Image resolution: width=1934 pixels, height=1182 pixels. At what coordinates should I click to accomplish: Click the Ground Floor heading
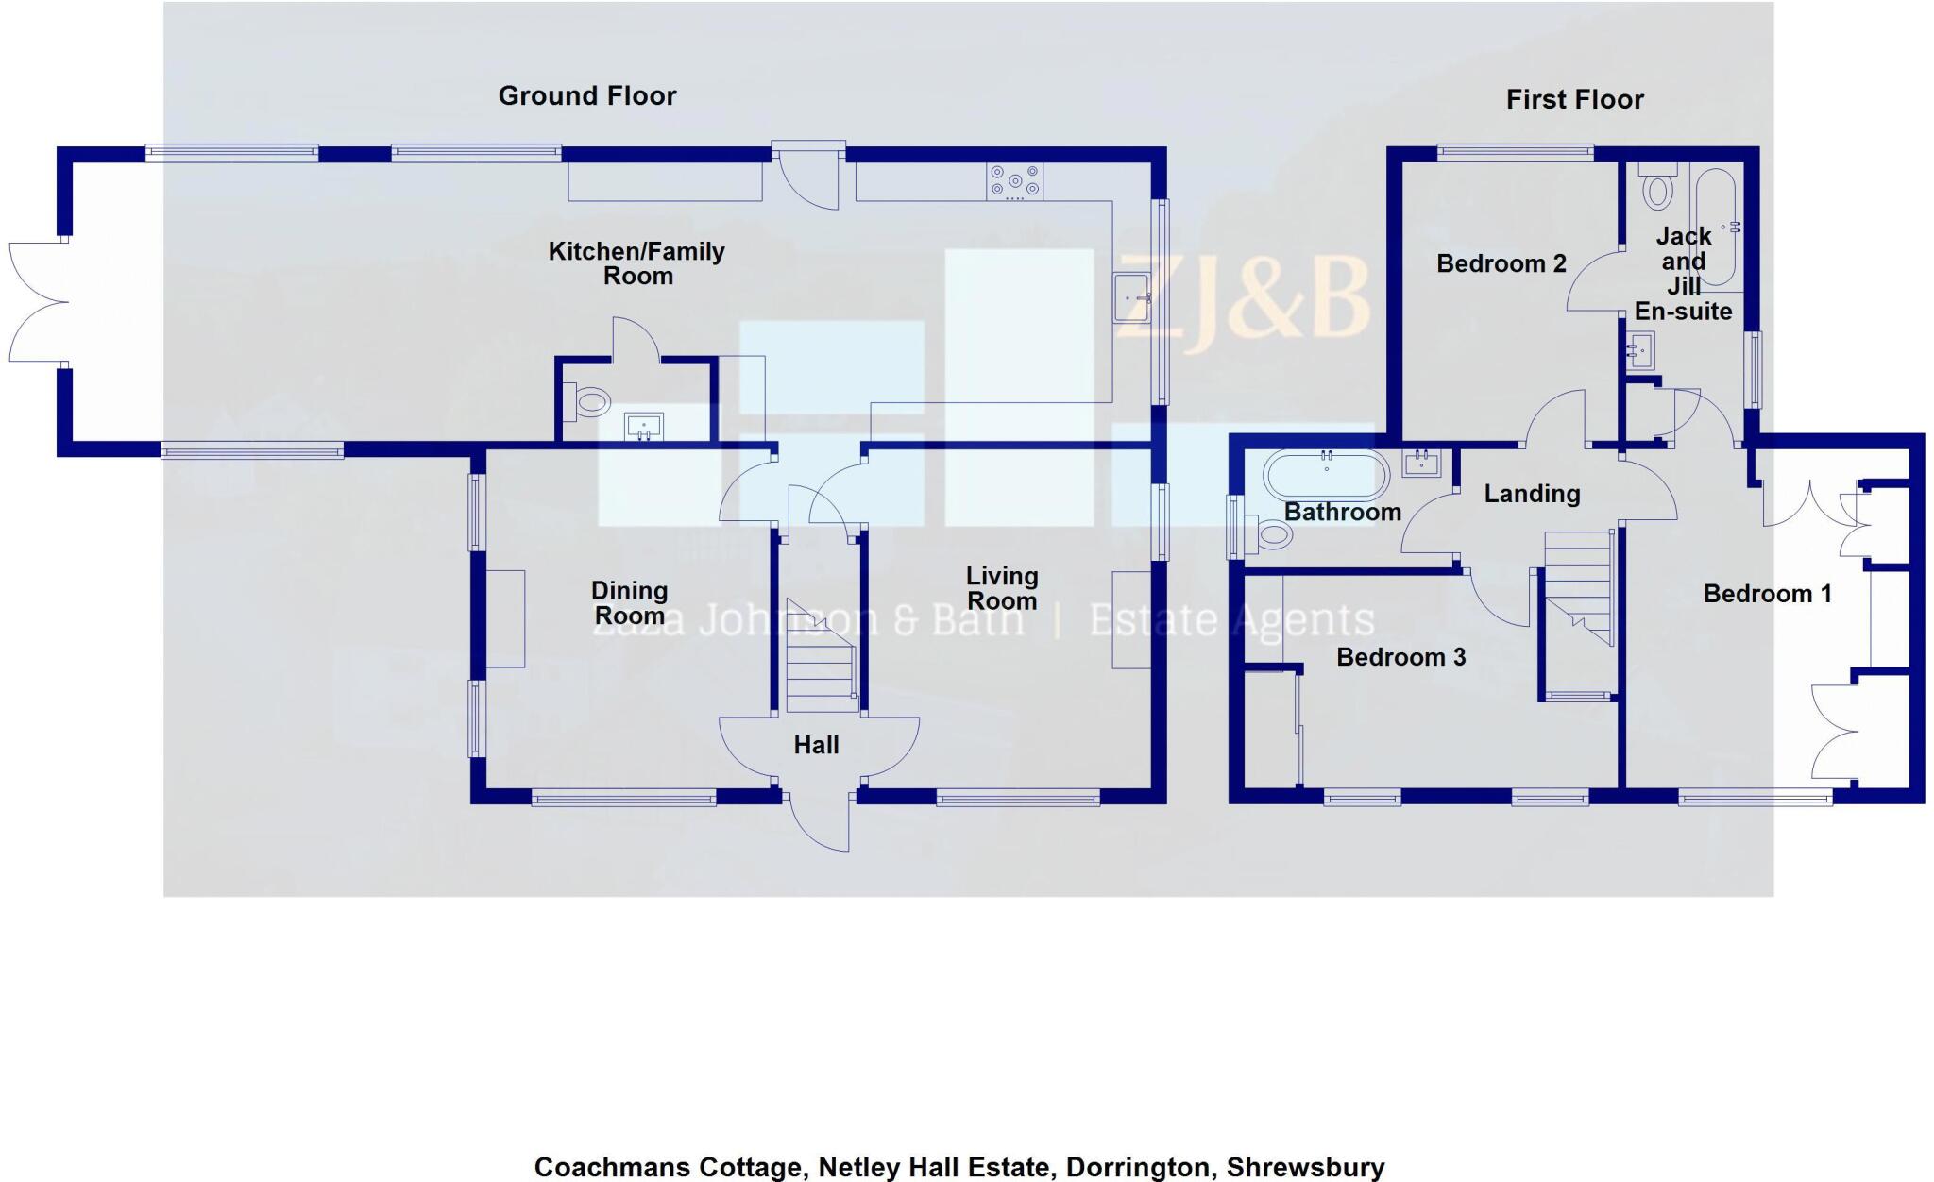pyautogui.click(x=586, y=95)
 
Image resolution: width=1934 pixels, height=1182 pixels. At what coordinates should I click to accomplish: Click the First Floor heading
pyautogui.click(x=1574, y=99)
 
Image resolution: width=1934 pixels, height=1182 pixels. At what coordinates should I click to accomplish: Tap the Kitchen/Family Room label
pyautogui.click(x=636, y=263)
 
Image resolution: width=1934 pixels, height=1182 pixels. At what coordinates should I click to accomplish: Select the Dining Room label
pyautogui.click(x=629, y=603)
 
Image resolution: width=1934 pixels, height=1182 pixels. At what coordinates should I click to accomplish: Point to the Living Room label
pyautogui.click(x=1002, y=588)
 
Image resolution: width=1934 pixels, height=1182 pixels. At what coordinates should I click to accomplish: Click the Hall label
pyautogui.click(x=816, y=745)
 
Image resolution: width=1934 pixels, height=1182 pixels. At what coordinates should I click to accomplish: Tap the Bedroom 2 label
pyautogui.click(x=1501, y=263)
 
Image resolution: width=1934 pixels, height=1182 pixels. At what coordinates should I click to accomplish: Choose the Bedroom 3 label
pyautogui.click(x=1400, y=657)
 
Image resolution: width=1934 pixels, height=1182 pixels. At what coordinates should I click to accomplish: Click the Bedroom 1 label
pyautogui.click(x=1767, y=594)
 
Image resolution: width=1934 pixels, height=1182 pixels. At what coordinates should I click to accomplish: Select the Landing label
pyautogui.click(x=1532, y=494)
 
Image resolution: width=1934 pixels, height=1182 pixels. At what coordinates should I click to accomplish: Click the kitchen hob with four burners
pyautogui.click(x=1014, y=182)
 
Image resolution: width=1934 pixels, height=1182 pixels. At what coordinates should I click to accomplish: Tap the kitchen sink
pyautogui.click(x=1130, y=298)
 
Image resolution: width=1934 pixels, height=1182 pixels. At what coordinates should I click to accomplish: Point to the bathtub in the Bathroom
pyautogui.click(x=1326, y=475)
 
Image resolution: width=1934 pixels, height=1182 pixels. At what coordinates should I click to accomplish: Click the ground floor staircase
pyautogui.click(x=821, y=656)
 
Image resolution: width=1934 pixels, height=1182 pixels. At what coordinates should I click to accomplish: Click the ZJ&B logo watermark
pyautogui.click(x=1243, y=296)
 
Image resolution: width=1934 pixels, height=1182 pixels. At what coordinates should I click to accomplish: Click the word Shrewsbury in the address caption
pyautogui.click(x=1305, y=1168)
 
